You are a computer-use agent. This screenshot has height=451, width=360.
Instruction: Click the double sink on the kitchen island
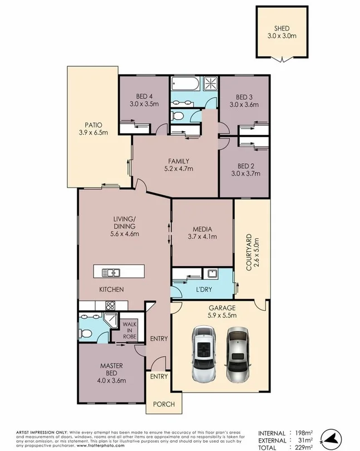[112, 272]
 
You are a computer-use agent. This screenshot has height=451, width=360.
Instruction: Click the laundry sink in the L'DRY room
[211, 273]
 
